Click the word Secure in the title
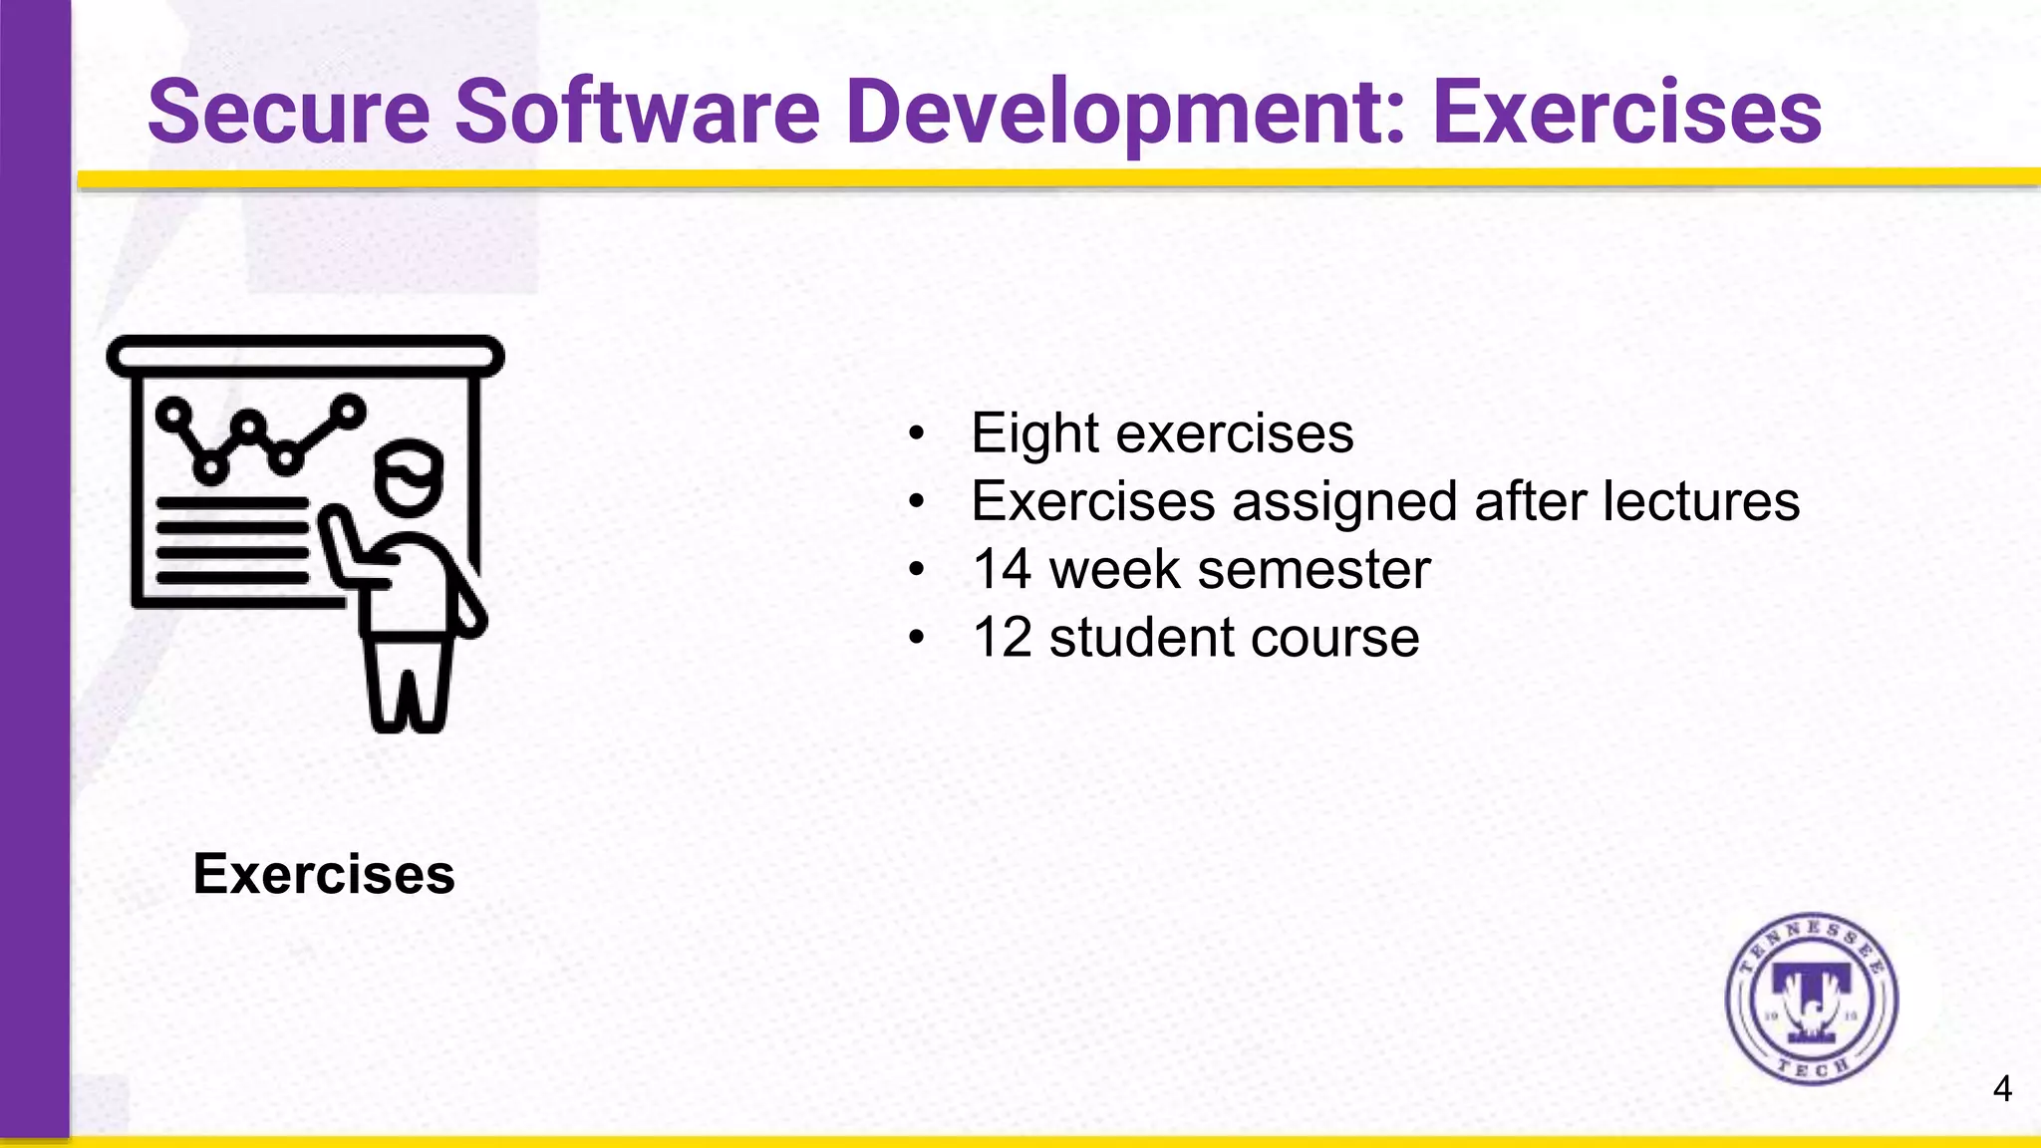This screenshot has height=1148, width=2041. pyautogui.click(x=289, y=112)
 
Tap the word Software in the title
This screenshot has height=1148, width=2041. pyautogui.click(x=638, y=112)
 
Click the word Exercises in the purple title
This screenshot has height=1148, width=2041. pyautogui.click(x=1626, y=112)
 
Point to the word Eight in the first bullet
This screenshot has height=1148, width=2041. pyautogui.click(x=1035, y=434)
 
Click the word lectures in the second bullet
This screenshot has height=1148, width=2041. pyautogui.click(x=1701, y=501)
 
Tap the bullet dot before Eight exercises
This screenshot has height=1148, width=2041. pyautogui.click(x=916, y=435)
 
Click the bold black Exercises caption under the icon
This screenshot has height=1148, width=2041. pyautogui.click(x=324, y=874)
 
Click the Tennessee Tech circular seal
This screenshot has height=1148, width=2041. pyautogui.click(x=1812, y=1000)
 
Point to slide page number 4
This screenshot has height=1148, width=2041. pyautogui.click(x=2002, y=1089)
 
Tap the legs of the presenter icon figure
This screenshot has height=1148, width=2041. pyautogui.click(x=408, y=688)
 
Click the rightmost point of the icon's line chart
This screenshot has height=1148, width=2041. pyautogui.click(x=349, y=410)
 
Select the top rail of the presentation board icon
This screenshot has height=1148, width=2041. pyautogui.click(x=305, y=356)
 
